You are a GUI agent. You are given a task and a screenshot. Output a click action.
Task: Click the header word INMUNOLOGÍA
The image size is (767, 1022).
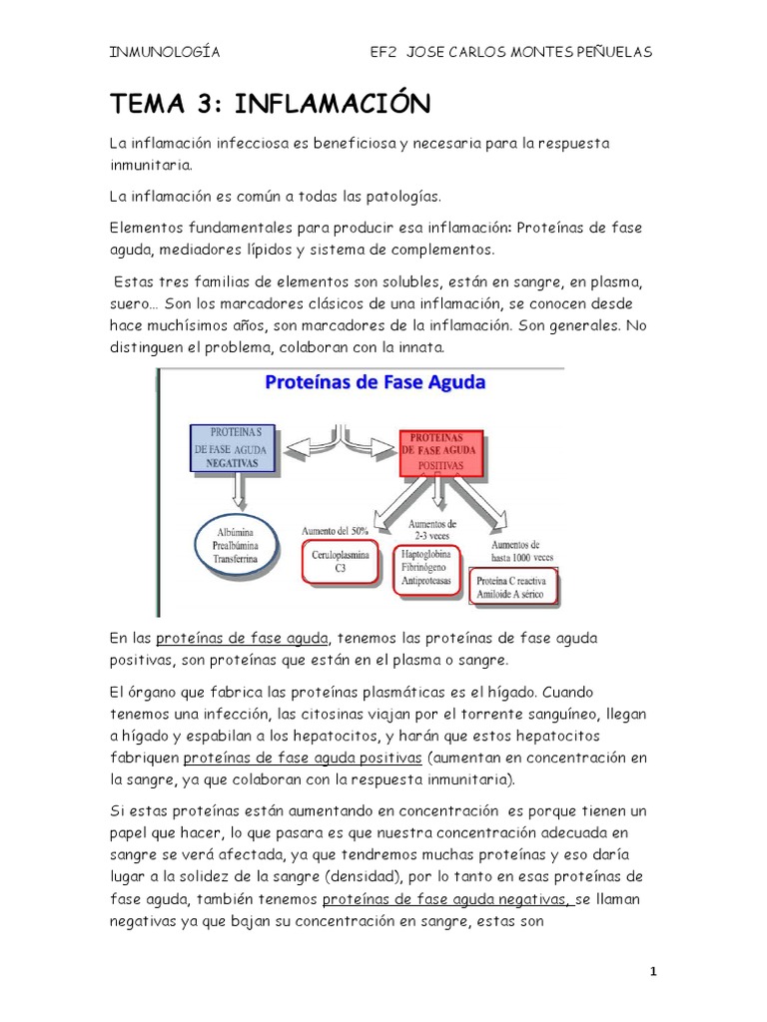tap(164, 53)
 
